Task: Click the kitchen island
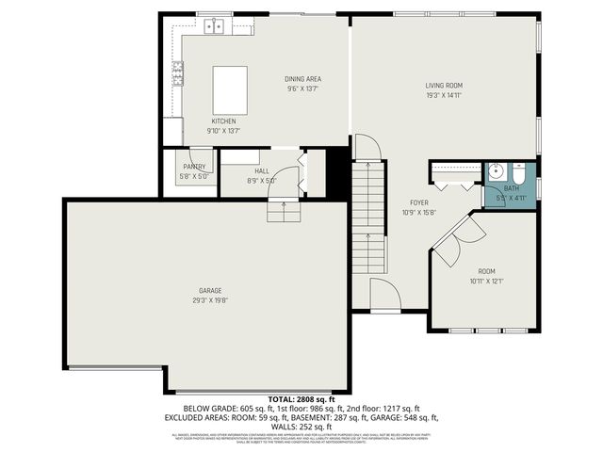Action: pos(229,89)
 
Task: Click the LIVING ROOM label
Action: pos(443,86)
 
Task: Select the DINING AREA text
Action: pos(303,79)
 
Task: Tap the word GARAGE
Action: pos(210,290)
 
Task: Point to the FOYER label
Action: pos(419,202)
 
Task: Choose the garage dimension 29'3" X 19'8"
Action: pos(210,300)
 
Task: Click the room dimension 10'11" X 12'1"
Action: pos(487,280)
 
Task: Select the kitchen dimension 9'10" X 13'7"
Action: pos(223,131)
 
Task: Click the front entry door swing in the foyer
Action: pos(385,294)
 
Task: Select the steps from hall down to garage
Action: pos(284,213)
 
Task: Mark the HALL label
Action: pos(261,171)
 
